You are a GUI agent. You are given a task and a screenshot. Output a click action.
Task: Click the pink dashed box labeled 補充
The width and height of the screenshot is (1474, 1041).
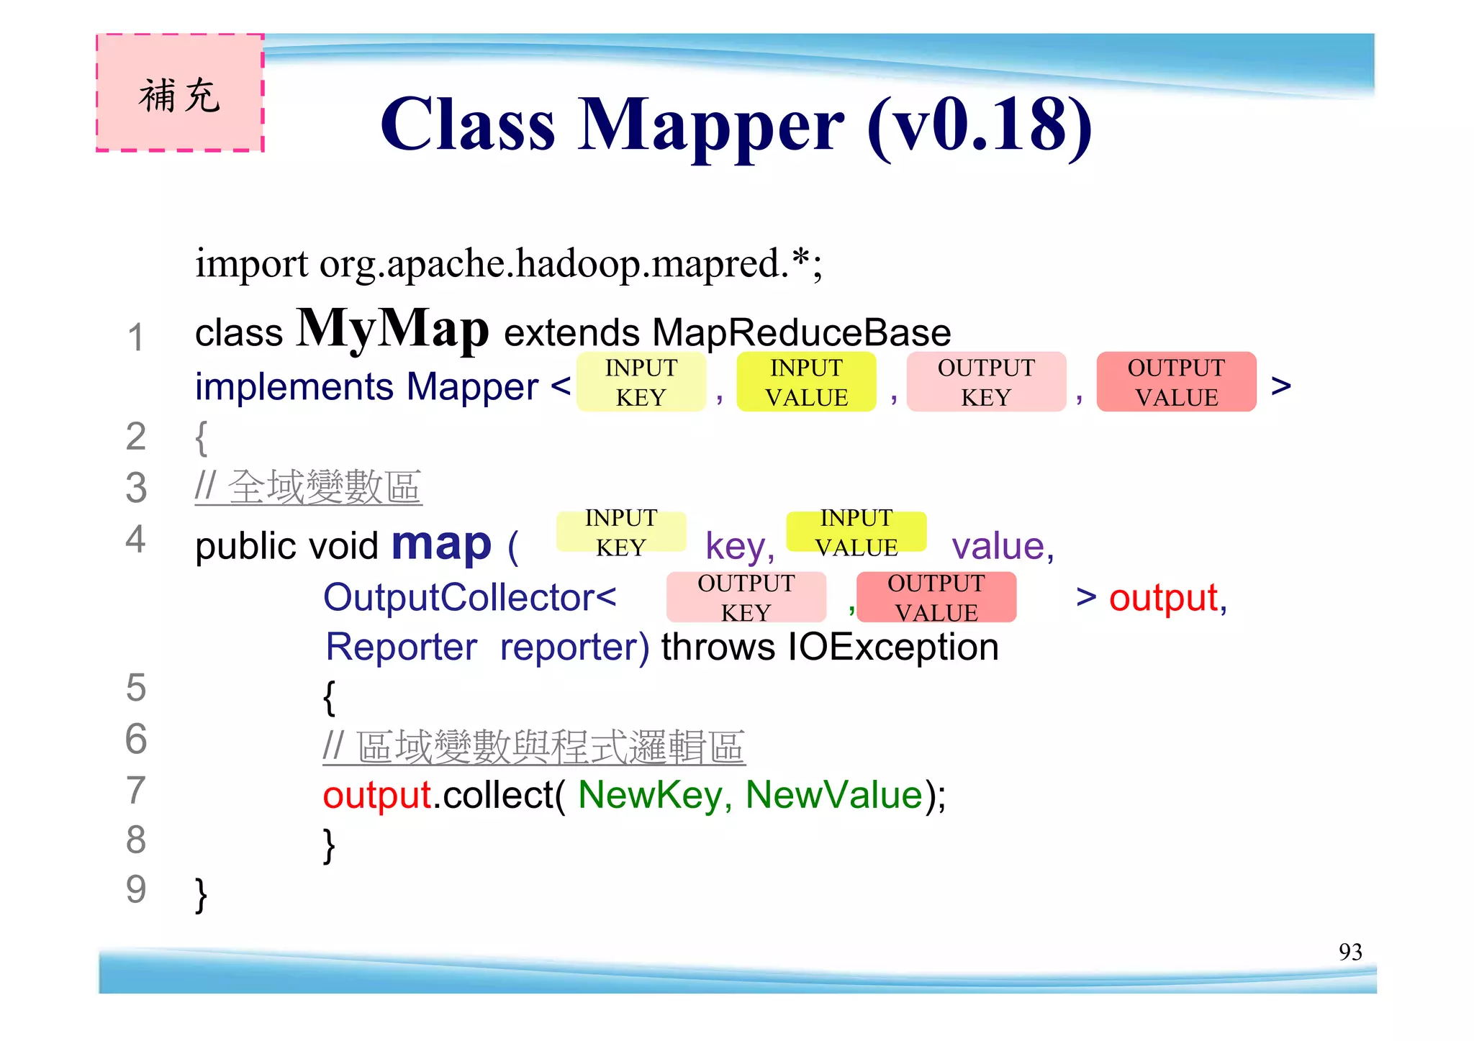coord(180,93)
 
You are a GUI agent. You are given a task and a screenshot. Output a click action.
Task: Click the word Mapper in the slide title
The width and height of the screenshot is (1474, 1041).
coord(710,125)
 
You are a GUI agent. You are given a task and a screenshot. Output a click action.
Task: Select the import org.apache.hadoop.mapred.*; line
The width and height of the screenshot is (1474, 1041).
coord(508,263)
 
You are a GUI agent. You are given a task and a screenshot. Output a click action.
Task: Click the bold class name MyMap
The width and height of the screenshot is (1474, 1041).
coord(392,329)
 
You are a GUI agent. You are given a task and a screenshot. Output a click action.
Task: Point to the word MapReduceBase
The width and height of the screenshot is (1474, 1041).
coord(801,333)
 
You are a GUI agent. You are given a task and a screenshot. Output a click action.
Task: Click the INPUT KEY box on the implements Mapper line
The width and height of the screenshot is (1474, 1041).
coord(641,382)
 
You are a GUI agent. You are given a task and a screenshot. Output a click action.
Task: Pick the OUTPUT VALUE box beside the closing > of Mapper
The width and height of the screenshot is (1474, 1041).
coord(1176,382)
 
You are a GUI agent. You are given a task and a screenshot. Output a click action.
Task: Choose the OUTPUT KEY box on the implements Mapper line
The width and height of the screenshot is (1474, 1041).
coord(986,382)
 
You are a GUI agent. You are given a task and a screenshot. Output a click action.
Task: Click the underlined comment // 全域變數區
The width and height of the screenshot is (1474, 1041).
coord(308,487)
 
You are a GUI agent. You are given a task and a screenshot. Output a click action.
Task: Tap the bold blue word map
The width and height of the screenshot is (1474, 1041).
coord(441,543)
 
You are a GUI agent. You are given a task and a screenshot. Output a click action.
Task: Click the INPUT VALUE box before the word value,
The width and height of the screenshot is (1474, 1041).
coord(856,532)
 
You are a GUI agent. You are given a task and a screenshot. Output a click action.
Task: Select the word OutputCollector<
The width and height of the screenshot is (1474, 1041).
coord(469,597)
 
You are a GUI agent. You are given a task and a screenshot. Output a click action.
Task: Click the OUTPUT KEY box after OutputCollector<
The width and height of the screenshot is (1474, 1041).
coord(746,597)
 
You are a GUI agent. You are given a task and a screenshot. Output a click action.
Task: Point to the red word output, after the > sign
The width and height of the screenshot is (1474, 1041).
coord(1167,598)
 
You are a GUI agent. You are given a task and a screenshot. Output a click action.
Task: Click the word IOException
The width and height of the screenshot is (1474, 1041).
coord(892,647)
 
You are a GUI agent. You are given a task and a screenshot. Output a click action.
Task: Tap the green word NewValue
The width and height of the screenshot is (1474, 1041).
coord(833,795)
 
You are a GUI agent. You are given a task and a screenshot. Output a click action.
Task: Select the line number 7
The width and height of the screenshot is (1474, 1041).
coord(136,790)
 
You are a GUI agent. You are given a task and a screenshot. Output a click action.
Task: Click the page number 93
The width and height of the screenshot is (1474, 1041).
coord(1350,952)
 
